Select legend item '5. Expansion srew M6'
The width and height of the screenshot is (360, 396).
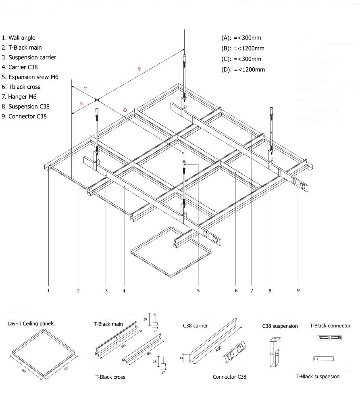click(x=30, y=77)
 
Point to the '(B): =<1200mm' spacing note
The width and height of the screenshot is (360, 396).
click(x=243, y=48)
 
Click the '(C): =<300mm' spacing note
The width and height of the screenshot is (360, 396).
click(x=241, y=59)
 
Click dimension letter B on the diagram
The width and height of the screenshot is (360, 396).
click(x=139, y=69)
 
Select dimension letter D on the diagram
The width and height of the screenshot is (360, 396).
click(x=125, y=110)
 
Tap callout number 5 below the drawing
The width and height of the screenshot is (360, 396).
click(x=198, y=290)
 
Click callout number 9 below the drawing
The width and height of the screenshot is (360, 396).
click(x=298, y=290)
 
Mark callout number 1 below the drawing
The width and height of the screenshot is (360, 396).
click(x=48, y=290)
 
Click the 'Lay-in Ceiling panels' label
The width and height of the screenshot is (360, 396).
click(x=31, y=323)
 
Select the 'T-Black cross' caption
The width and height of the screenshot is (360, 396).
click(x=110, y=377)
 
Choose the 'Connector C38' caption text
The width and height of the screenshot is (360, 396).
click(x=229, y=377)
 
